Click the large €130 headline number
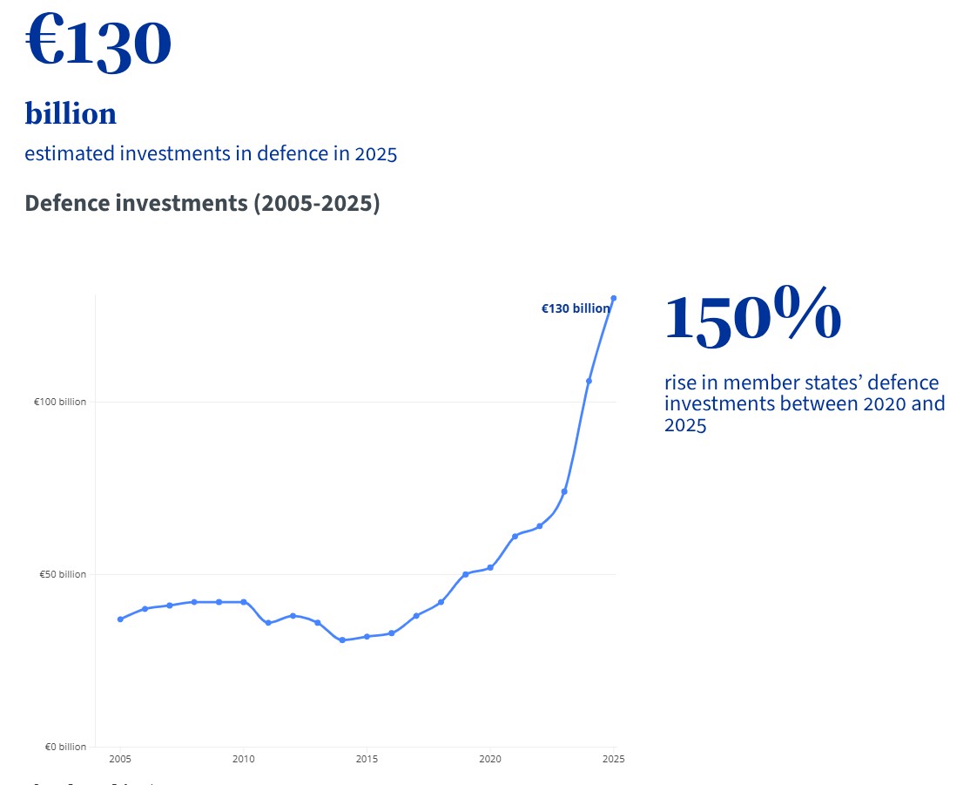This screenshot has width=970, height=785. (98, 42)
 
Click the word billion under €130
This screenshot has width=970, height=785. (71, 113)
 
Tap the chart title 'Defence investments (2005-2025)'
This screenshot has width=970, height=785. (202, 203)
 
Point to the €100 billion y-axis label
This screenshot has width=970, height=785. (60, 402)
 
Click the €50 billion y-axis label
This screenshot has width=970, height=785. (63, 574)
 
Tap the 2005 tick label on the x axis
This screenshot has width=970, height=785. (120, 759)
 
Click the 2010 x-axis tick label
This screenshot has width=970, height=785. (244, 759)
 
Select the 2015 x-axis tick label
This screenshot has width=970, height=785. (367, 759)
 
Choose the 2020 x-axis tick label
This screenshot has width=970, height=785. (490, 759)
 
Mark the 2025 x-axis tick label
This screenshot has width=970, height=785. (613, 759)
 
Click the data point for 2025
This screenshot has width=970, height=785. (614, 298)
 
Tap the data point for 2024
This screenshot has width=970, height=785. (589, 381)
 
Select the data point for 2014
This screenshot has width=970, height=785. (342, 640)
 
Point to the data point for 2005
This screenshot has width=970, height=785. (120, 619)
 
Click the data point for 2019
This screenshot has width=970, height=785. (466, 574)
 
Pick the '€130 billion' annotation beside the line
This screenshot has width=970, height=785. (575, 308)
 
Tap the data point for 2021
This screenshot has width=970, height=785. (515, 536)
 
